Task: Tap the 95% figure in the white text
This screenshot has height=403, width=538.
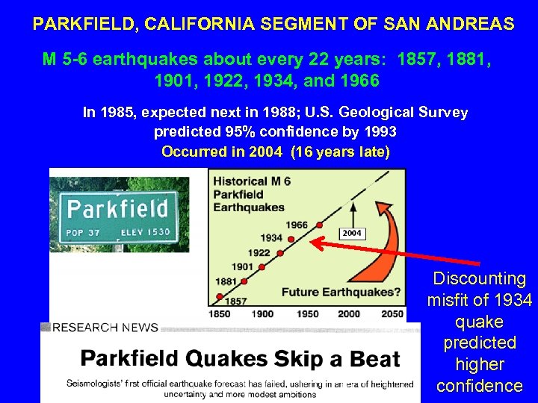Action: [x=234, y=132]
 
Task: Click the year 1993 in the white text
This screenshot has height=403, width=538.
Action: [x=377, y=132]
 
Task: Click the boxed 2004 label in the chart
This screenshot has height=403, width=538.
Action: [x=352, y=234]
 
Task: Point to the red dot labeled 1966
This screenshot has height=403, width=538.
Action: [x=320, y=225]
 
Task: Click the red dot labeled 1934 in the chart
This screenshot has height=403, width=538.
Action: [x=291, y=239]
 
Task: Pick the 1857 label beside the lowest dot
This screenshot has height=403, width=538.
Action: [x=236, y=301]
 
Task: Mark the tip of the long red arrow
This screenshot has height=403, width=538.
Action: [x=312, y=241]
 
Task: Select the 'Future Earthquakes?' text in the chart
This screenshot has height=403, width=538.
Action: [x=339, y=292]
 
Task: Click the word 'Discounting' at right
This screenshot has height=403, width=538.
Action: [x=480, y=279]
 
